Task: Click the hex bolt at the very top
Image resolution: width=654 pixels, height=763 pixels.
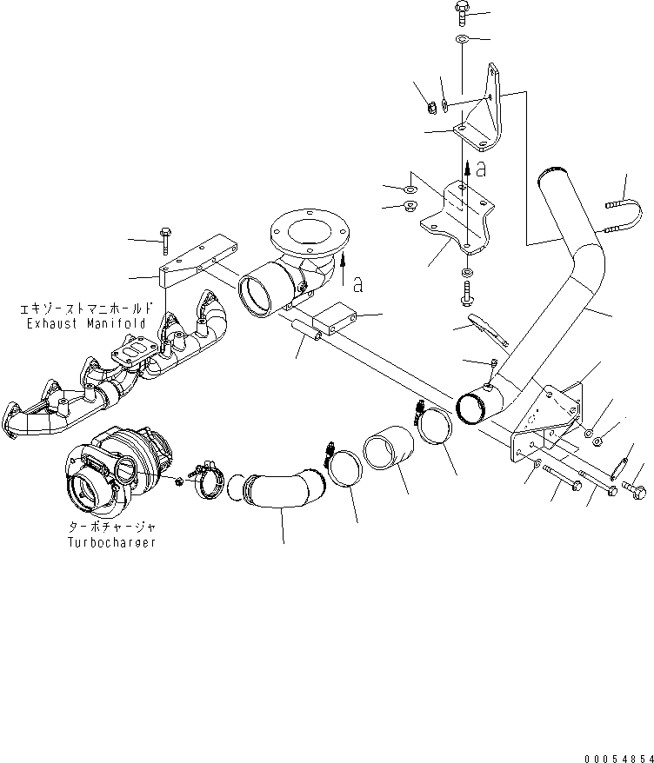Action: pyautogui.click(x=461, y=12)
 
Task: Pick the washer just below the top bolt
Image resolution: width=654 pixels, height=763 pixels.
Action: pyautogui.click(x=461, y=39)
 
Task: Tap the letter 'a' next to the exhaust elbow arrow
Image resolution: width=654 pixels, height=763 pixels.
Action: pyautogui.click(x=357, y=283)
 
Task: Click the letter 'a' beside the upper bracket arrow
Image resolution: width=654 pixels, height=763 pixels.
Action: pyautogui.click(x=479, y=167)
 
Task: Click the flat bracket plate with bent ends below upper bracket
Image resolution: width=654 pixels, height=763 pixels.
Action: pyautogui.click(x=457, y=217)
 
